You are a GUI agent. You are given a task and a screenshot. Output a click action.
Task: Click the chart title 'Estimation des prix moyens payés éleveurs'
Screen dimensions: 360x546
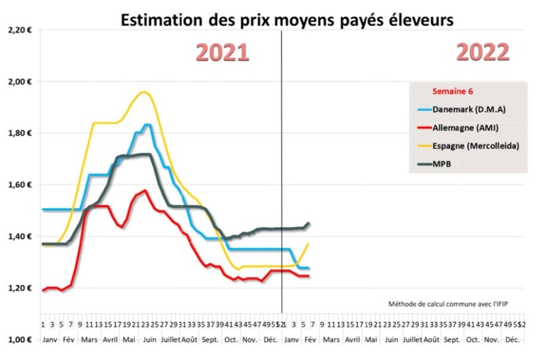pos(286,21)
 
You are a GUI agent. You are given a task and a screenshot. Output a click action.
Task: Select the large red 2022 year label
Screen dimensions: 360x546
pos(483,52)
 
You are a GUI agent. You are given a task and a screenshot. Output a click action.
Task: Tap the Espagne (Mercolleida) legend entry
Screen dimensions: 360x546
pos(473,145)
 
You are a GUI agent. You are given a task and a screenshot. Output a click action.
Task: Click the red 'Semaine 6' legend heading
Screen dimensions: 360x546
pos(454,91)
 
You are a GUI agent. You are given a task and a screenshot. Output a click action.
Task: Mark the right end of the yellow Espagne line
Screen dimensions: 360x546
pos(308,244)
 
